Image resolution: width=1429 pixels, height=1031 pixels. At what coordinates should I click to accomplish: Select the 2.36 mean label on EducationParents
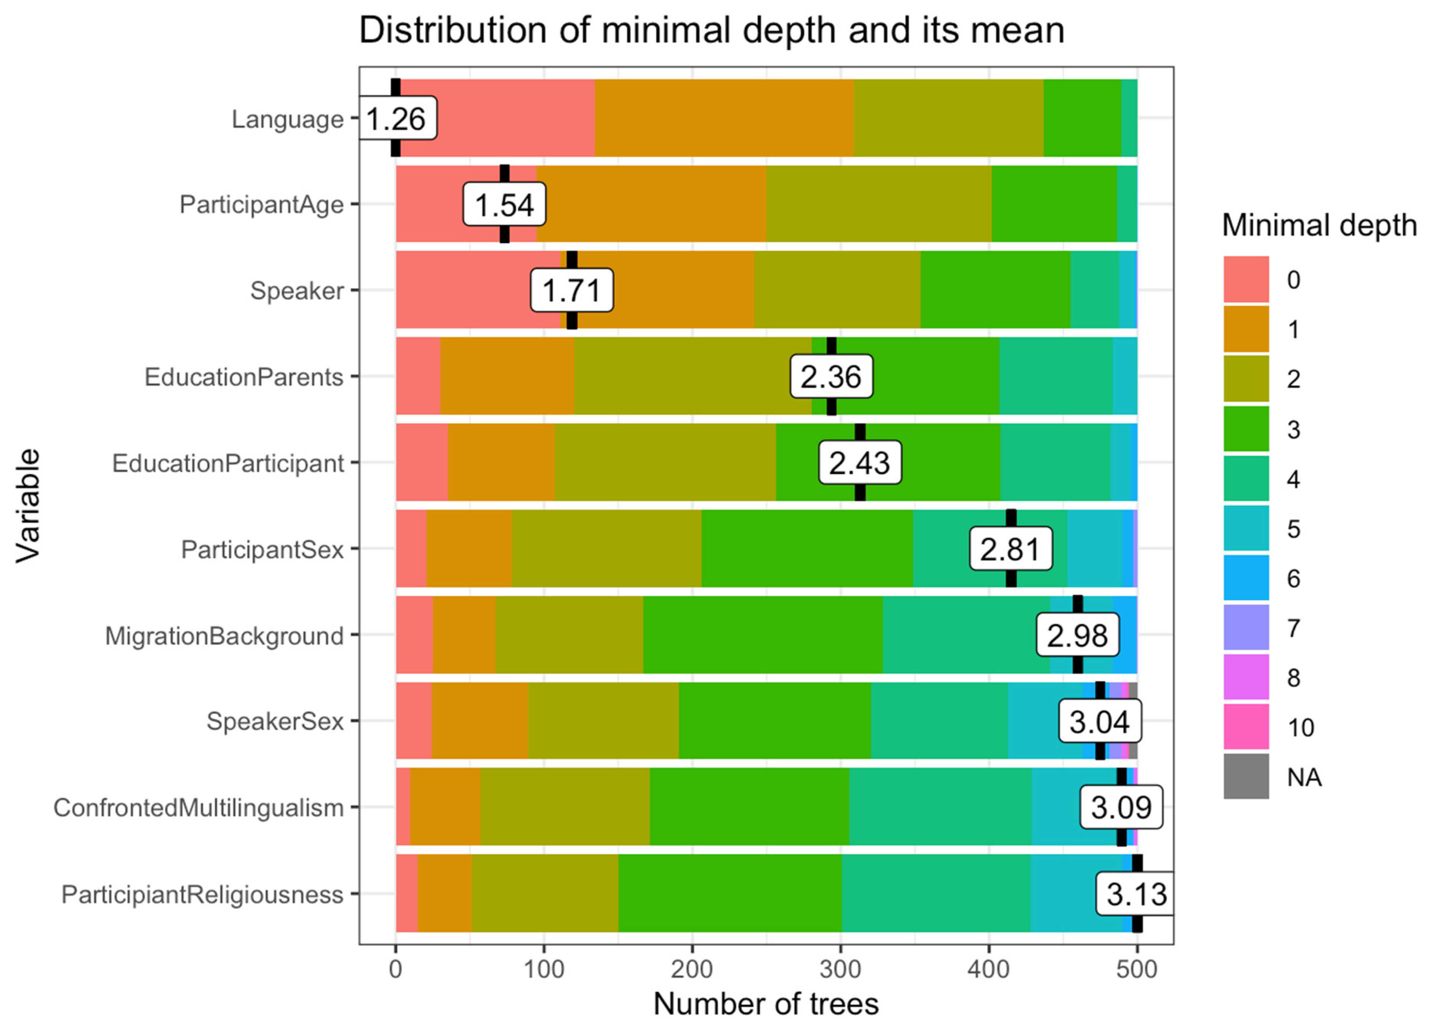pyautogui.click(x=831, y=377)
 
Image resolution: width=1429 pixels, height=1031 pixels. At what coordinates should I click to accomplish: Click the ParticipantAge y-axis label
pyautogui.click(x=262, y=204)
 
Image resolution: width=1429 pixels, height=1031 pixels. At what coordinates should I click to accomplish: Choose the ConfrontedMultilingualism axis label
pyautogui.click(x=199, y=807)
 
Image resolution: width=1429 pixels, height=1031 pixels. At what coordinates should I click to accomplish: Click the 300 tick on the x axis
pyautogui.click(x=841, y=969)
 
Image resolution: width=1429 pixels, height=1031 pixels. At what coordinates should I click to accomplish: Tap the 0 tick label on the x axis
pyautogui.click(x=396, y=969)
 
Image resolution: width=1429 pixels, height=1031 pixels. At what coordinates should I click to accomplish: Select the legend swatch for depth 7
pyautogui.click(x=1246, y=627)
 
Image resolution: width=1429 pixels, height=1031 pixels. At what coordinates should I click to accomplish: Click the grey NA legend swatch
pyautogui.click(x=1246, y=776)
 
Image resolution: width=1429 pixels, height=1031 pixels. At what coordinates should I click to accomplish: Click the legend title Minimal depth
pyautogui.click(x=1319, y=225)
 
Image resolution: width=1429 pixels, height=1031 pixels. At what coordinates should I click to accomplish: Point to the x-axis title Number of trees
pyautogui.click(x=766, y=1004)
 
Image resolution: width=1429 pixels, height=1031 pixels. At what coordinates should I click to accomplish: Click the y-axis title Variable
pyautogui.click(x=28, y=505)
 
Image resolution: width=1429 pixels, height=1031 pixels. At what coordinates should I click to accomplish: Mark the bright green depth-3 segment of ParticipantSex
pyautogui.click(x=807, y=548)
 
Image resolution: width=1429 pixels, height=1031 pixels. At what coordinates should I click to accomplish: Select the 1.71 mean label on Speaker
pyautogui.click(x=571, y=290)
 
